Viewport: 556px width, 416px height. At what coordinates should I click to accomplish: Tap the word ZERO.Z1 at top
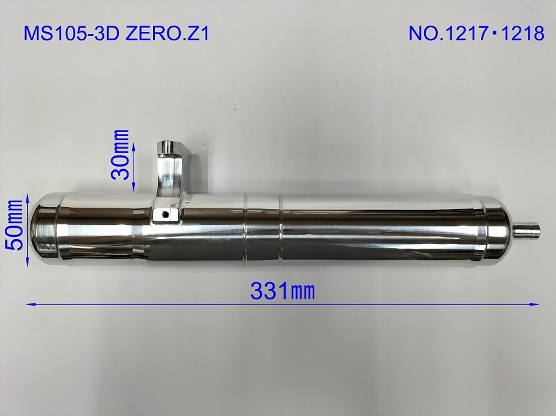[x=170, y=34]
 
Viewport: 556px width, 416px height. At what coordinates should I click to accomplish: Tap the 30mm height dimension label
[x=122, y=154]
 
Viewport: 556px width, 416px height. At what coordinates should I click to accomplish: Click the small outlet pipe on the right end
[x=529, y=229]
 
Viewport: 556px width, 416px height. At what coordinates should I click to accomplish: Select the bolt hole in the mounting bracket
[x=164, y=214]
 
